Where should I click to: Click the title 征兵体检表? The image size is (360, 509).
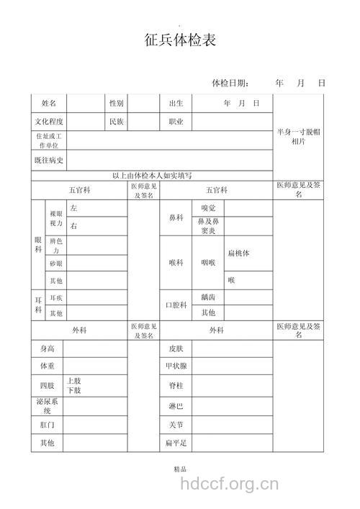click(x=180, y=40)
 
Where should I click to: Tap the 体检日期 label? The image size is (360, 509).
click(x=230, y=84)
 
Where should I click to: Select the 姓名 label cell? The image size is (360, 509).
click(x=48, y=104)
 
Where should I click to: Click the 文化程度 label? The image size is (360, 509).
click(x=48, y=122)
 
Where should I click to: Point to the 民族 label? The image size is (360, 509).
click(x=117, y=122)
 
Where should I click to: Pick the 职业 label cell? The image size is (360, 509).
click(x=176, y=122)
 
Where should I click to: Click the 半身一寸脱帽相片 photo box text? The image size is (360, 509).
click(x=298, y=137)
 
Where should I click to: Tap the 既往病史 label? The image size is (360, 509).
click(x=48, y=160)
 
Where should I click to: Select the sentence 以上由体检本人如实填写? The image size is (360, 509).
click(x=152, y=176)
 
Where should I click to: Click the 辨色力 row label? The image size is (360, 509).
click(x=55, y=245)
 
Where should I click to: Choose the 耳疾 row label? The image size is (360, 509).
click(x=55, y=297)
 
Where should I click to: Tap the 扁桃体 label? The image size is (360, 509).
click(x=238, y=253)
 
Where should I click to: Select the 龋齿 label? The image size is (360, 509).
click(x=208, y=297)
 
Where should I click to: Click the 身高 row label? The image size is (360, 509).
click(x=47, y=349)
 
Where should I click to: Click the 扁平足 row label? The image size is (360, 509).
click(x=176, y=443)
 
